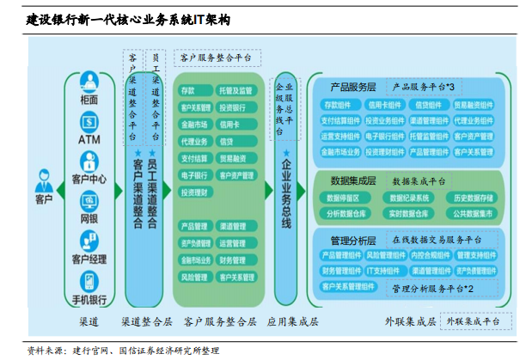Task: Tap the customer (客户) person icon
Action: point(44,181)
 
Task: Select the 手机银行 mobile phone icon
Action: point(89,282)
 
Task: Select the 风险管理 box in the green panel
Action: point(194,278)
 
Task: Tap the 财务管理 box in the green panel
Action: point(233,260)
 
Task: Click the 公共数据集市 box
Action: point(473,213)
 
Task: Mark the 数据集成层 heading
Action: point(353,181)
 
